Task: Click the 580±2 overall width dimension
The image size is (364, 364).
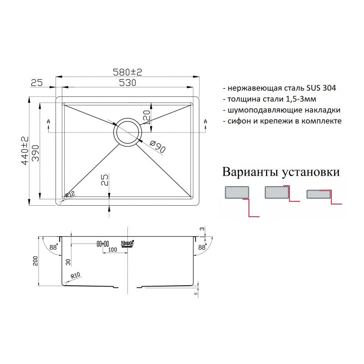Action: click(127, 72)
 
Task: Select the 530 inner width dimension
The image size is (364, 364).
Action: click(128, 83)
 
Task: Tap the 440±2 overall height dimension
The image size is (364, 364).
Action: click(25, 150)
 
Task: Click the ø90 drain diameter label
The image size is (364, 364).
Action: click(158, 147)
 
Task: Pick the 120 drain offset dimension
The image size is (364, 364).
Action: click(147, 117)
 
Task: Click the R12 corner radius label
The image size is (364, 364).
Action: click(69, 195)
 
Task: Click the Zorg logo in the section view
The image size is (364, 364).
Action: click(127, 243)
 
